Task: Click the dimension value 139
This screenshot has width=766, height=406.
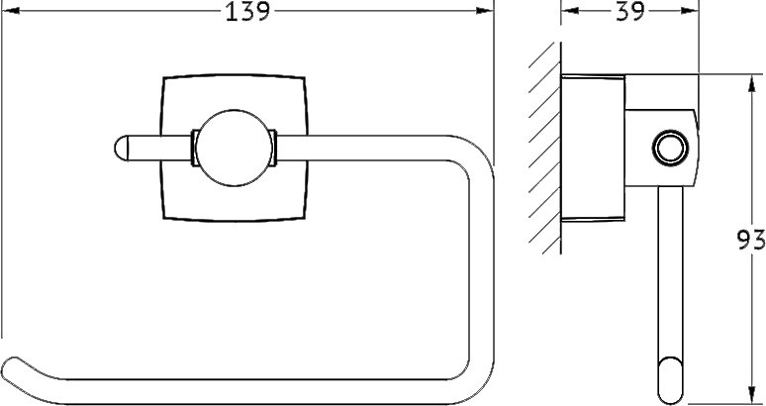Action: (247, 12)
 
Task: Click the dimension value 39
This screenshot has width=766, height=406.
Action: (630, 12)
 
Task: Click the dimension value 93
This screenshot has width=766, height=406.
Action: (751, 241)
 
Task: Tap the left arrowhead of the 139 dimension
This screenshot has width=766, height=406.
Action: (11, 10)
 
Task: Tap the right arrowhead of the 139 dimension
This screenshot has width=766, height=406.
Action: (485, 10)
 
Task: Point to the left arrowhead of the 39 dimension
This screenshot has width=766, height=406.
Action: (570, 10)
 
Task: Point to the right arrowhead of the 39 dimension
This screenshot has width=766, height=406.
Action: (690, 10)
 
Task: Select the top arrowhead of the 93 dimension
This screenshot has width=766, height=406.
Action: (751, 83)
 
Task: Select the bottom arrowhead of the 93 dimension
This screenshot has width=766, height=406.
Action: (751, 395)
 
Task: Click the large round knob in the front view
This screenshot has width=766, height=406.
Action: (234, 148)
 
